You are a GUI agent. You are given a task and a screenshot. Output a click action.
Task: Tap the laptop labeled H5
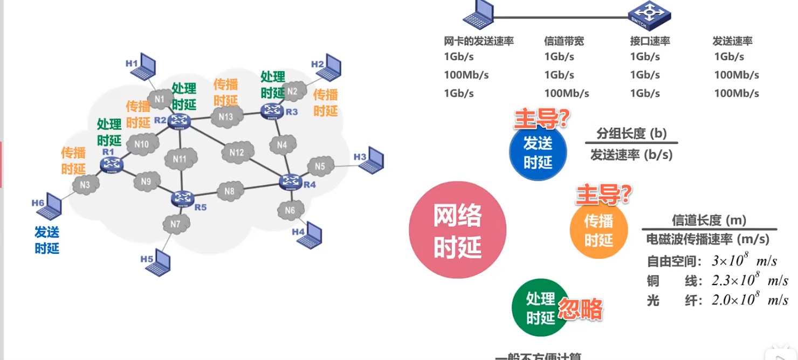160,262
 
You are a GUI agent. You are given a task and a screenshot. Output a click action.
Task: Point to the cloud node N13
226,116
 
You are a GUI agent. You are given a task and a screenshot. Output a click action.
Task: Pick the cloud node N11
180,159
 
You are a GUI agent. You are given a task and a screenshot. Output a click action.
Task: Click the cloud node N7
175,224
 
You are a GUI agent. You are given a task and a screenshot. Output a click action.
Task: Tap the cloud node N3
85,185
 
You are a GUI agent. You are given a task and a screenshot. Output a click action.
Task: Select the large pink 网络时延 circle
457,230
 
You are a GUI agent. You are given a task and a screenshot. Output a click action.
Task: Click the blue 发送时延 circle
538,153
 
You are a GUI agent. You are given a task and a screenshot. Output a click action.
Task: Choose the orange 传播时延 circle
598,231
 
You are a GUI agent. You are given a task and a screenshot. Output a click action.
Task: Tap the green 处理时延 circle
540,308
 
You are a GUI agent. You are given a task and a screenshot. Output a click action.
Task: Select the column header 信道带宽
564,41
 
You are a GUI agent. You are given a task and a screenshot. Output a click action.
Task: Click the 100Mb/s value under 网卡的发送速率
466,75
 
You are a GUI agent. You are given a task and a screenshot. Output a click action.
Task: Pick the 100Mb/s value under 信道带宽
567,93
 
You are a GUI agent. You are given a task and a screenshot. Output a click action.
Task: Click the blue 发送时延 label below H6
47,240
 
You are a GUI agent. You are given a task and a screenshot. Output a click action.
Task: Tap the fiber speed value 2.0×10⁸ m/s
750,300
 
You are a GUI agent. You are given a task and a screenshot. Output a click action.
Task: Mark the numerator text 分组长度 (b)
631,133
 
